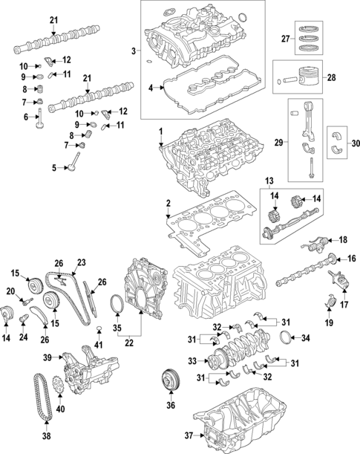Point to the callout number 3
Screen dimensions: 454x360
(x=134, y=51)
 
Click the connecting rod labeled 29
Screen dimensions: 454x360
(x=309, y=137)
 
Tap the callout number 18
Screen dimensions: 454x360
(x=342, y=240)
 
